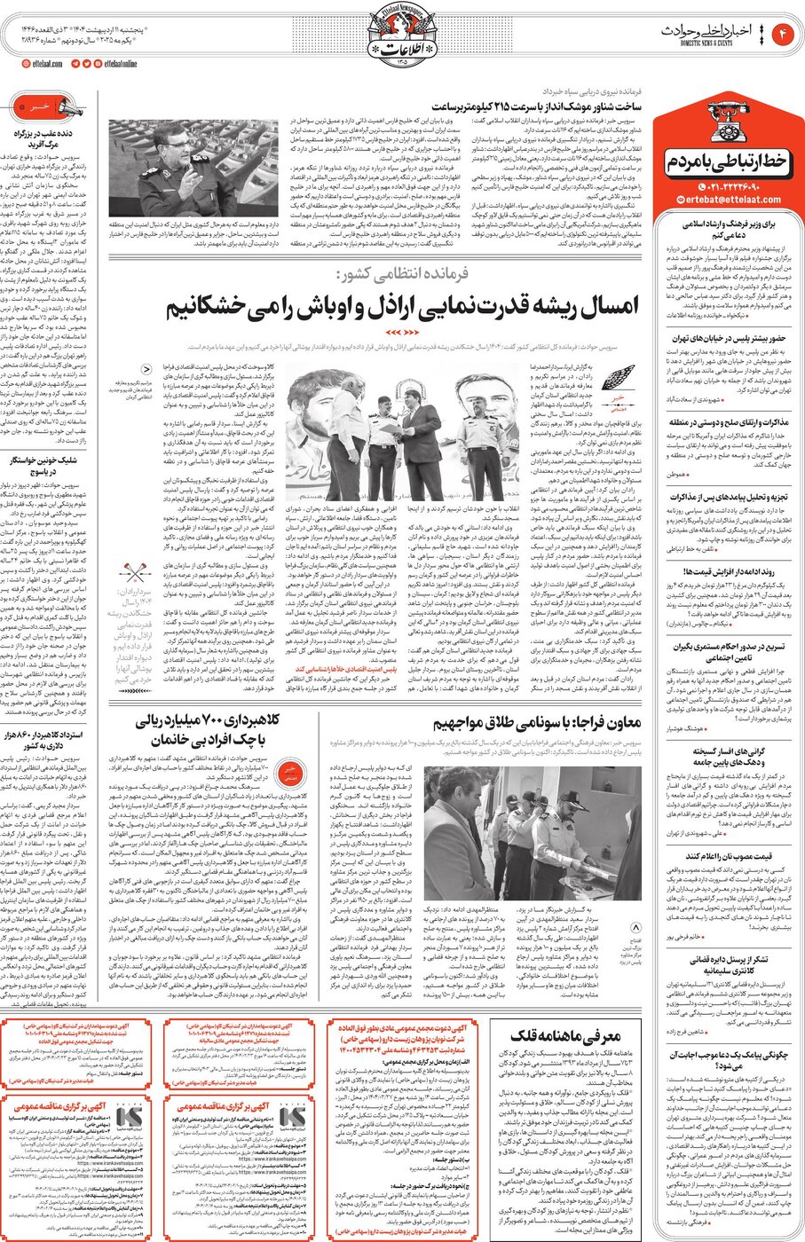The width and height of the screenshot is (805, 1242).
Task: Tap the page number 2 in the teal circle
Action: tap(783, 35)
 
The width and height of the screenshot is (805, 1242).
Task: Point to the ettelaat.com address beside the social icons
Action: tap(42, 64)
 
